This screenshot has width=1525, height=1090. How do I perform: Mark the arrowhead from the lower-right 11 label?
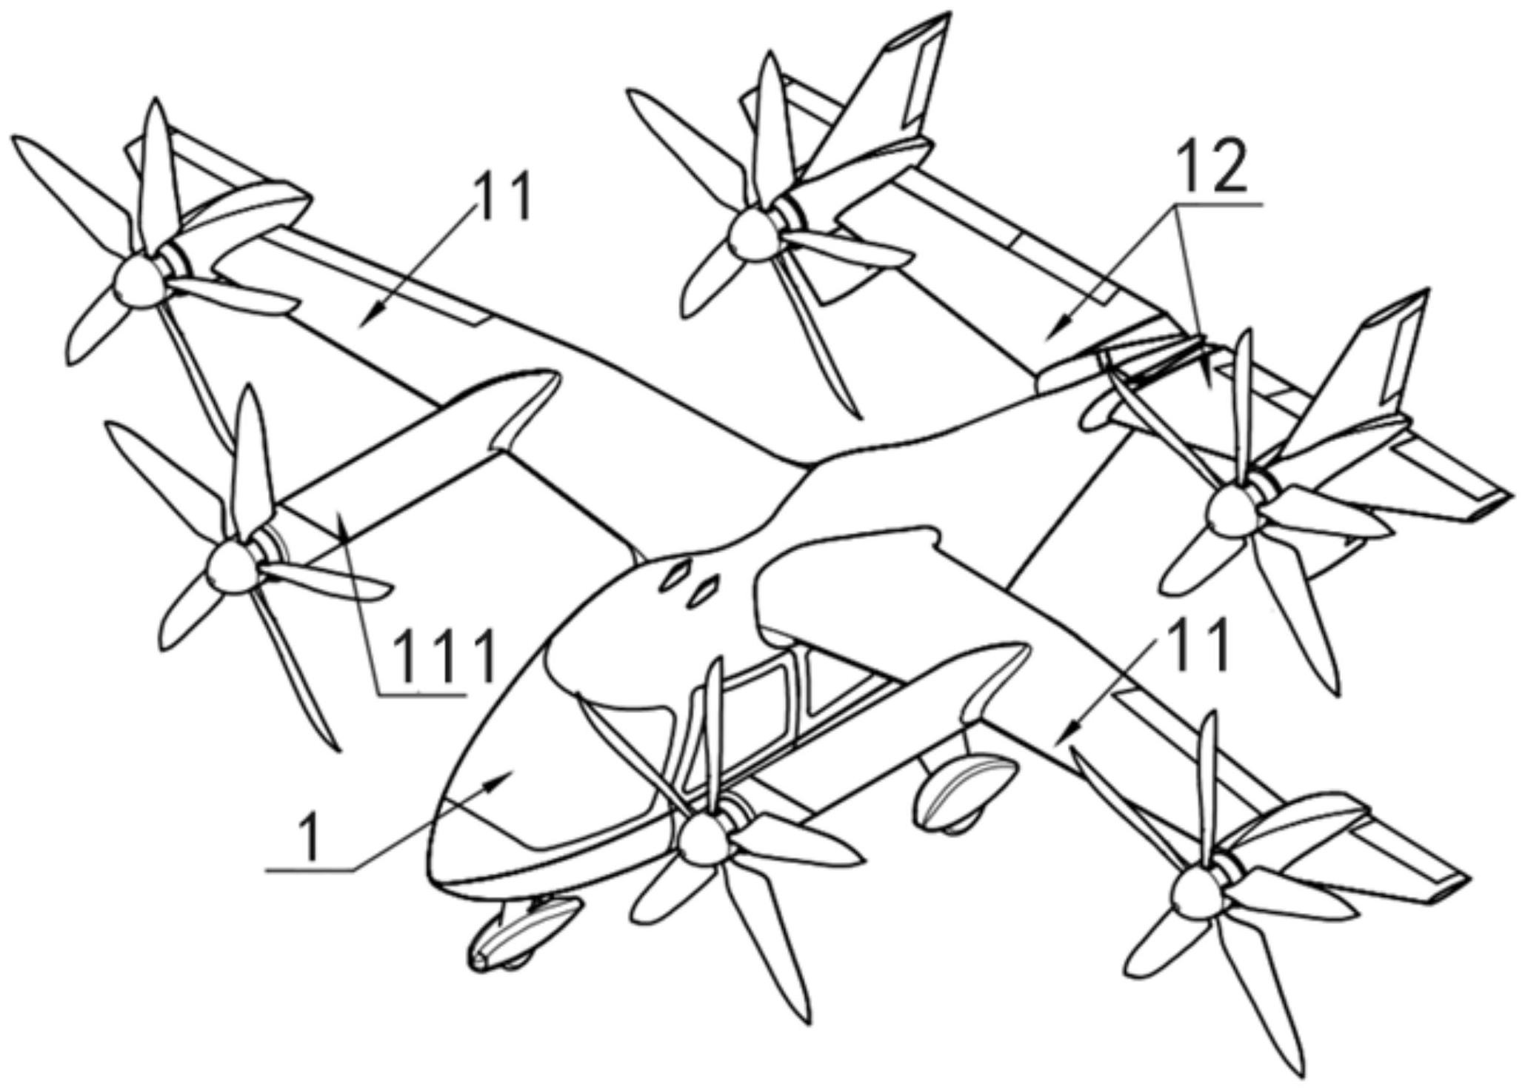tap(1059, 739)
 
